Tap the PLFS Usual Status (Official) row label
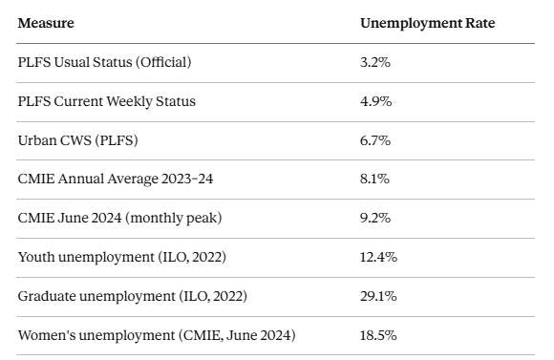click(x=105, y=62)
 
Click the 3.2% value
click(x=375, y=62)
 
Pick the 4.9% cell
click(x=375, y=101)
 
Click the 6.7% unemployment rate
click(x=375, y=140)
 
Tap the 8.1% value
click(x=374, y=179)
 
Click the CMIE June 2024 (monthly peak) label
click(x=119, y=218)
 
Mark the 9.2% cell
click(x=375, y=218)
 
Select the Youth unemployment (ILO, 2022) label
click(x=122, y=257)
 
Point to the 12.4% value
click(x=378, y=257)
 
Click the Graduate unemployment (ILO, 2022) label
click(x=132, y=296)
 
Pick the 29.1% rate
click(x=378, y=296)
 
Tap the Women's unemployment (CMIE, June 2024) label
click(x=157, y=335)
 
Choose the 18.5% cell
click(x=378, y=335)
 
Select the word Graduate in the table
click(x=48, y=296)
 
